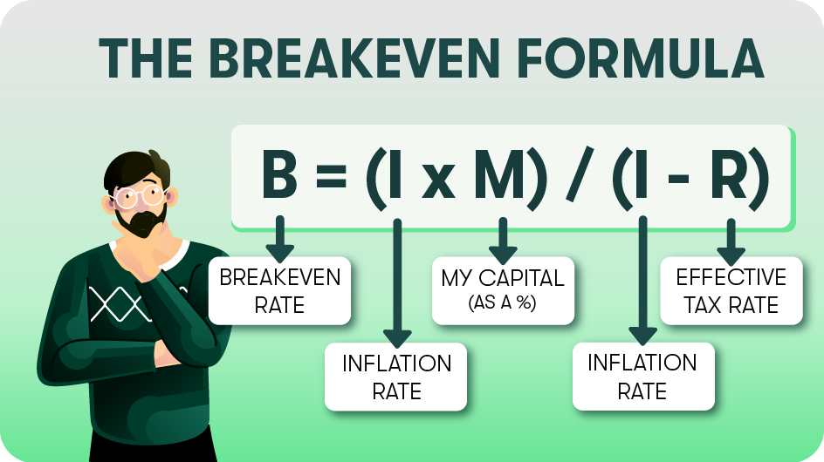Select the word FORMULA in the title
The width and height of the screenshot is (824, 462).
[641, 58]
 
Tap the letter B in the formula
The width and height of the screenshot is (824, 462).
[279, 173]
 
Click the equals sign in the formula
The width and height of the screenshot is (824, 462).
[331, 176]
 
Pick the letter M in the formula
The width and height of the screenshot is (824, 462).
[501, 173]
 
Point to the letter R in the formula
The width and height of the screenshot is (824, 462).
[730, 173]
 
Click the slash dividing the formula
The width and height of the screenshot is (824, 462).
[580, 174]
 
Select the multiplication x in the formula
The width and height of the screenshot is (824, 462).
[438, 181]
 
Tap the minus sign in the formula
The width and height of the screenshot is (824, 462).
[678, 179]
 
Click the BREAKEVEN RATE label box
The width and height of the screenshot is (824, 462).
[279, 290]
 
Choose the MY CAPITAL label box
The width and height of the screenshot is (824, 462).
[503, 290]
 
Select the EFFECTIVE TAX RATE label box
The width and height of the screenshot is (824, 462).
[731, 290]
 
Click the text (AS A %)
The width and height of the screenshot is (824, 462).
[503, 302]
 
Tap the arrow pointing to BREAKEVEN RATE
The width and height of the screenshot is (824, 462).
[279, 239]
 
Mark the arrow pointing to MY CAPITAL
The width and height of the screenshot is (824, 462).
[503, 241]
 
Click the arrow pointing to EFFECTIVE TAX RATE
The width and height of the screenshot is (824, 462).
[731, 241]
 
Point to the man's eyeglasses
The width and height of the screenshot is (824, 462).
[140, 195]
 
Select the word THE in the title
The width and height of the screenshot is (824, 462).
[146, 58]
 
